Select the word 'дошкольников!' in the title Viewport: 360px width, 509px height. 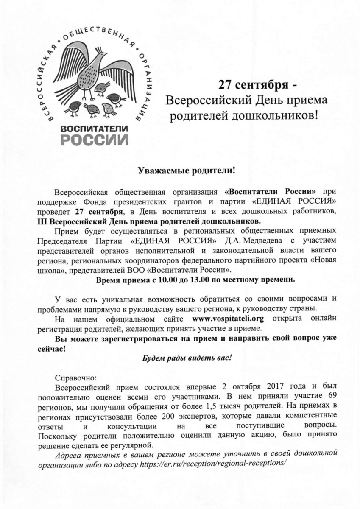pos(279,115)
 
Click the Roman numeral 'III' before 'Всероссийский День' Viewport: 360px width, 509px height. pos(43,221)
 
